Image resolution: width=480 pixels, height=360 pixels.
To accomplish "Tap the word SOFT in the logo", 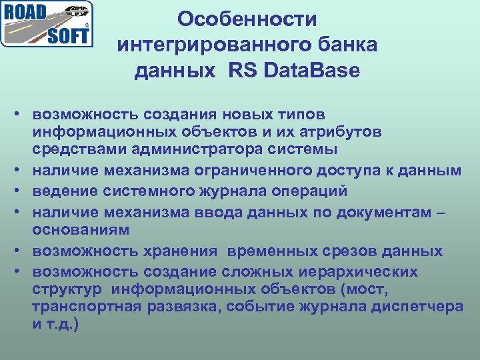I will point(67,35).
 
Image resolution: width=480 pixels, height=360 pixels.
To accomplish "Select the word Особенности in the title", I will point(247,19).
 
